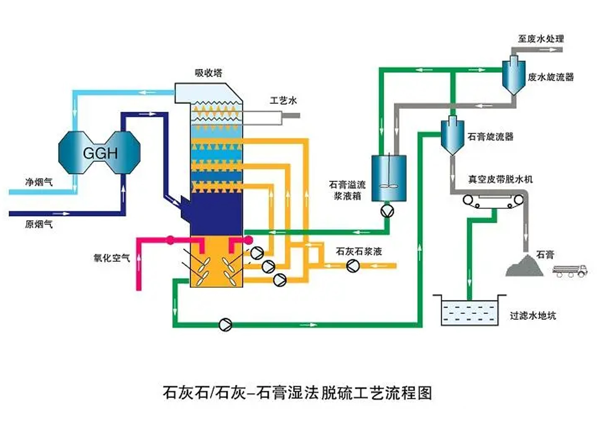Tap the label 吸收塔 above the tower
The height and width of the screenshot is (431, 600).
(209, 73)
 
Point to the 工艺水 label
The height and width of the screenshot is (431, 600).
(283, 101)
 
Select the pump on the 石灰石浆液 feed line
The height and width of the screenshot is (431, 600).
(353, 266)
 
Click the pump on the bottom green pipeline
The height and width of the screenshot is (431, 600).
(225, 324)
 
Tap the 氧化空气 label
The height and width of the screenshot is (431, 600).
(112, 258)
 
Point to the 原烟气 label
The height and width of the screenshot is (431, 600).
(39, 224)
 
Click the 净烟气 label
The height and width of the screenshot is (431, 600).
(39, 182)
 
